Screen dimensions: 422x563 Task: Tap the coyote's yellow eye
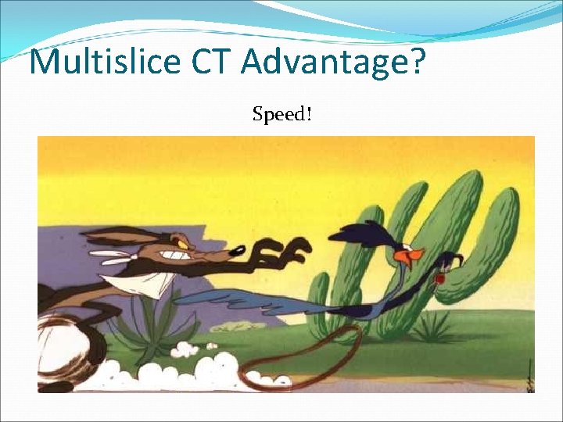185,245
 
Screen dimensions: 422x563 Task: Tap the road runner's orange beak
413,255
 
